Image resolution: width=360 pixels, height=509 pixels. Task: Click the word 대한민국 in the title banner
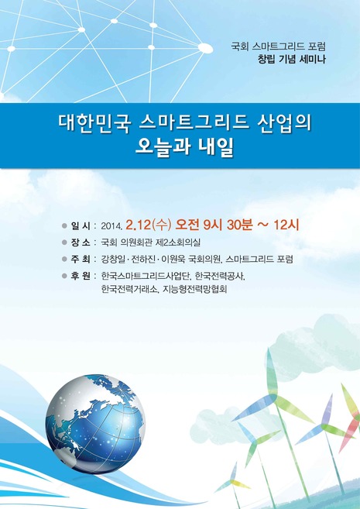94,124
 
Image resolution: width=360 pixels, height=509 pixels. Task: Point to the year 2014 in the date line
111,226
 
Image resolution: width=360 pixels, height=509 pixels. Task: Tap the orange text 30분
239,225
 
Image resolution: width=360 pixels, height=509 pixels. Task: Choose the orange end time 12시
286,225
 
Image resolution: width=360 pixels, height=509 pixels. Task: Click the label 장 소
81,242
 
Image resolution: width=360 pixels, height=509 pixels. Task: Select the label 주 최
81,259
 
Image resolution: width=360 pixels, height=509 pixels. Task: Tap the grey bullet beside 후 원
64,276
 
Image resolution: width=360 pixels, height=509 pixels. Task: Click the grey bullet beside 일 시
64,225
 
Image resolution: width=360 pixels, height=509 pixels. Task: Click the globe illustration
95,424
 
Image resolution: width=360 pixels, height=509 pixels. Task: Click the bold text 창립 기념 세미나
291,60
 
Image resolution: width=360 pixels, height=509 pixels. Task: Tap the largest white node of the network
205,48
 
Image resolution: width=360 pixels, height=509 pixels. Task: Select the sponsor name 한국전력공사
220,276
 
